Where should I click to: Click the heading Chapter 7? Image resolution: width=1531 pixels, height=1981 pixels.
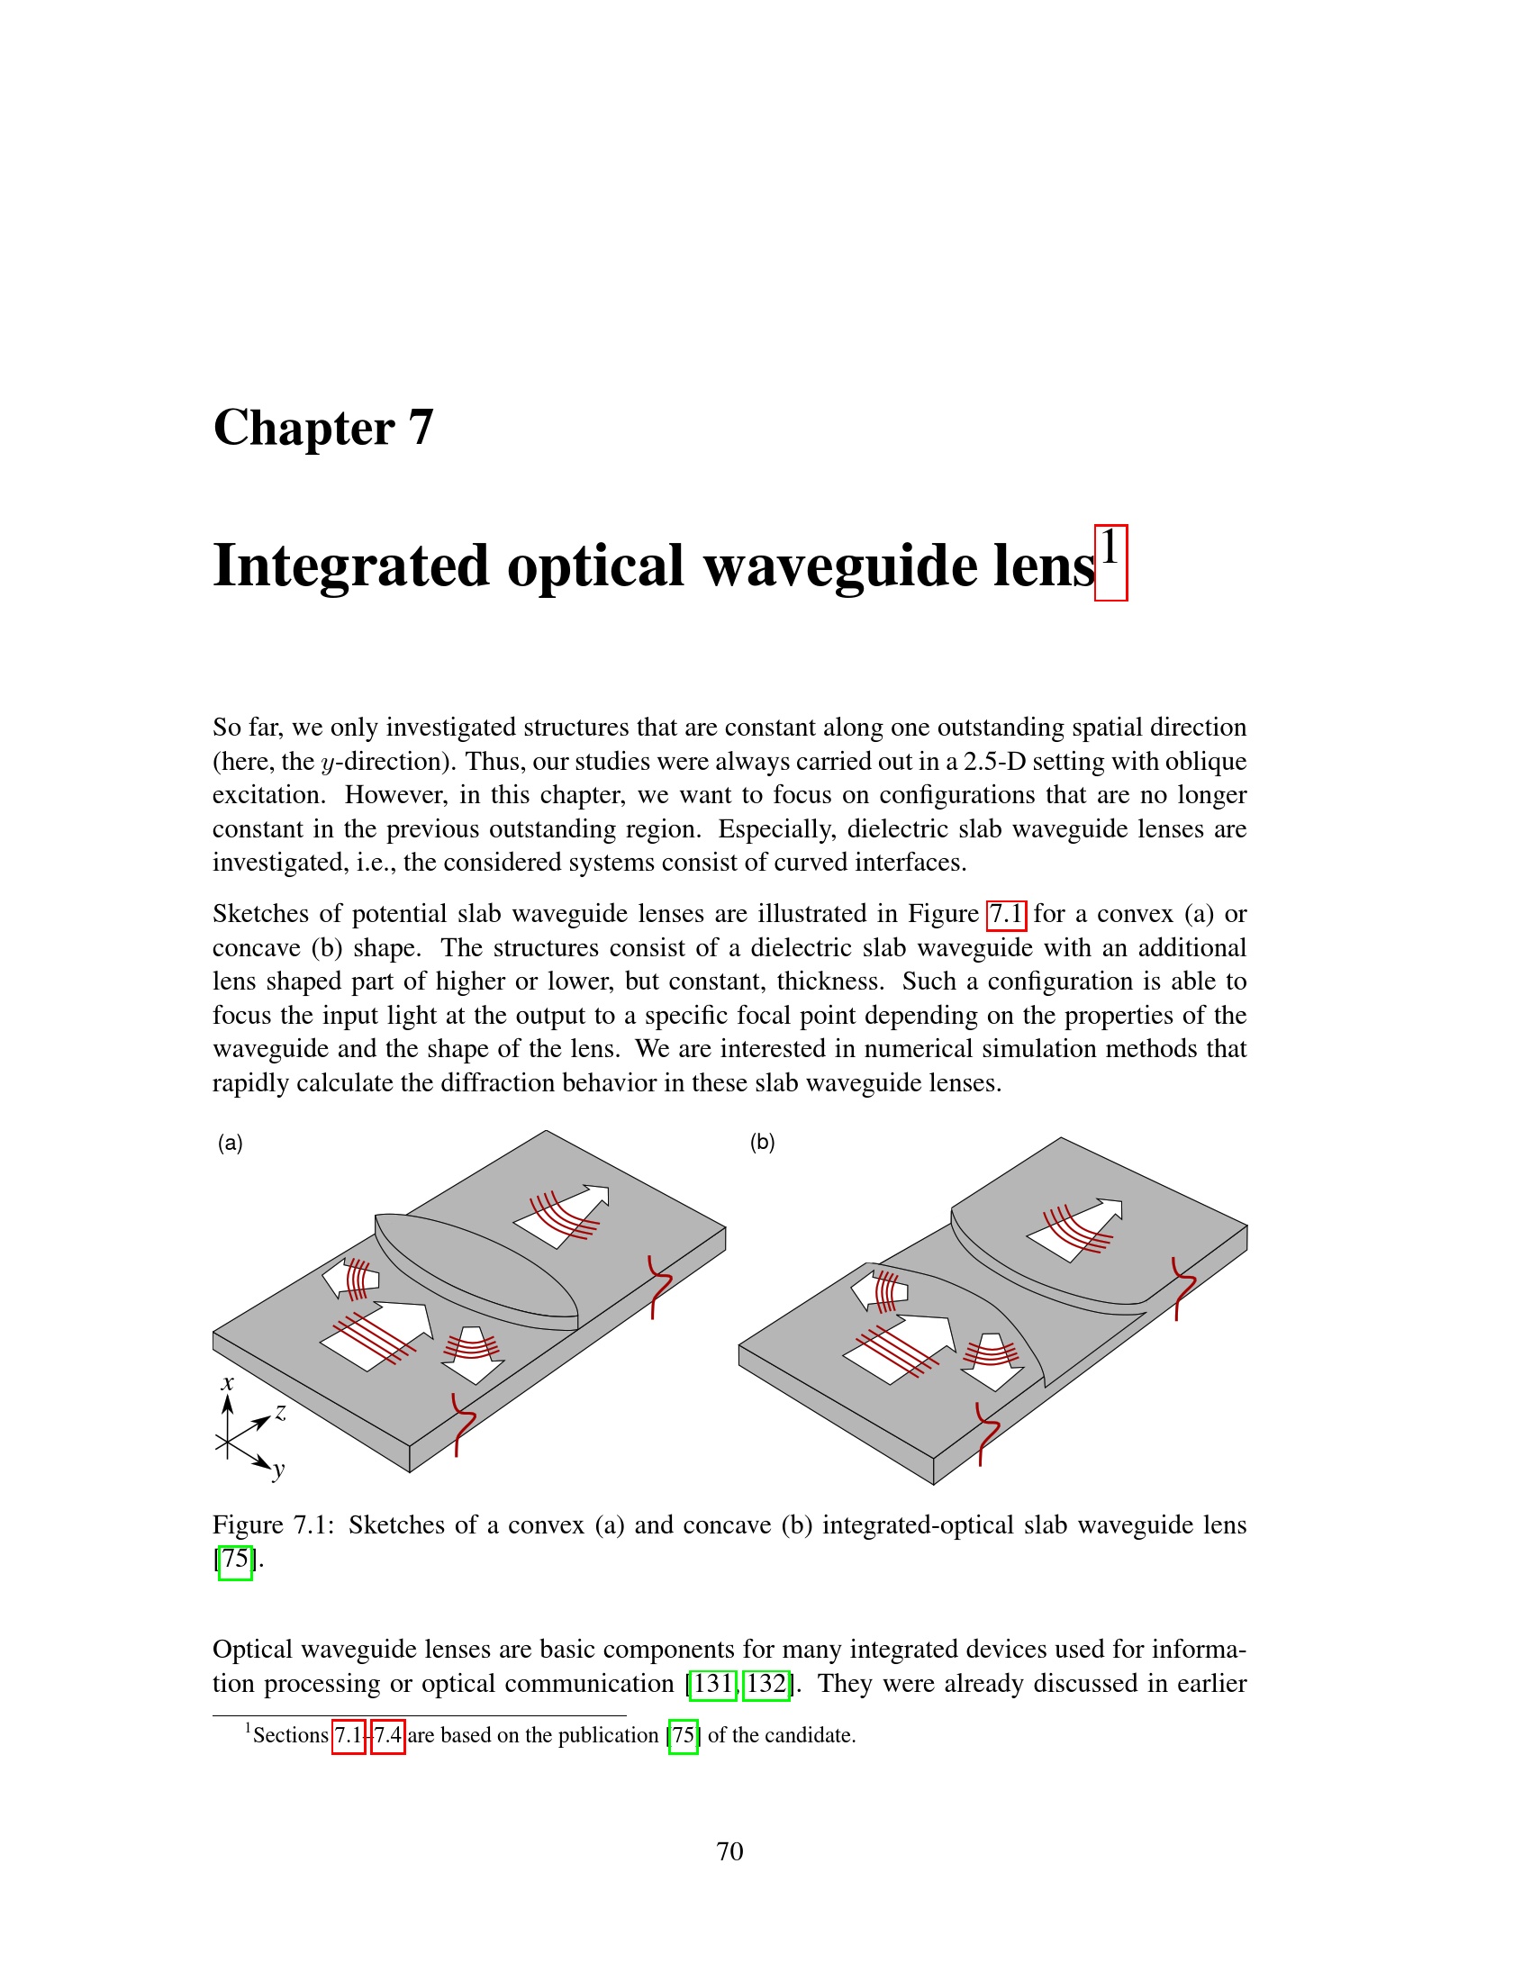pos(323,427)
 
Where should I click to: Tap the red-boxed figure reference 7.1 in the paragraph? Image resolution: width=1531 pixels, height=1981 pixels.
pos(1006,913)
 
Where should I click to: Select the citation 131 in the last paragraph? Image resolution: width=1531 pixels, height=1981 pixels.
pos(713,1684)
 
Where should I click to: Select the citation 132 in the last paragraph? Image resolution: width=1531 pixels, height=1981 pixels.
pos(766,1684)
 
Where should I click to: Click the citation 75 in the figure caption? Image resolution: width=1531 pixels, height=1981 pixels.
pos(235,1560)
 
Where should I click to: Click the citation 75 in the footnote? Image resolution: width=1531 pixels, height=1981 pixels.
pos(683,1735)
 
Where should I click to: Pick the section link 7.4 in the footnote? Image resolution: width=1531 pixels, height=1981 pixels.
pos(387,1735)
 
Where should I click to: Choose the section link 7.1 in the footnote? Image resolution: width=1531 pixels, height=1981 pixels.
pos(349,1735)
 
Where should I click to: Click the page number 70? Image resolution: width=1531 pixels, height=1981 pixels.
pos(729,1851)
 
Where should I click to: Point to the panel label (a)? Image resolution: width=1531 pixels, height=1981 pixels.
pos(231,1143)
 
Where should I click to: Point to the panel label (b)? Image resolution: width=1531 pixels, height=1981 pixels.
pos(762,1142)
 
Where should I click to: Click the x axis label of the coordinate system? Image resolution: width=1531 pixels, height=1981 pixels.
pos(228,1383)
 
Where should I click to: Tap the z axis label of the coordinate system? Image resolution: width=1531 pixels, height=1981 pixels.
pos(281,1412)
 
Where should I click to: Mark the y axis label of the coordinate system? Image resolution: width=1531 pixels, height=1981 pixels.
pos(278,1469)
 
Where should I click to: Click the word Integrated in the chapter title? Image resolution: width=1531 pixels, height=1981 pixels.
pos(350,566)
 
